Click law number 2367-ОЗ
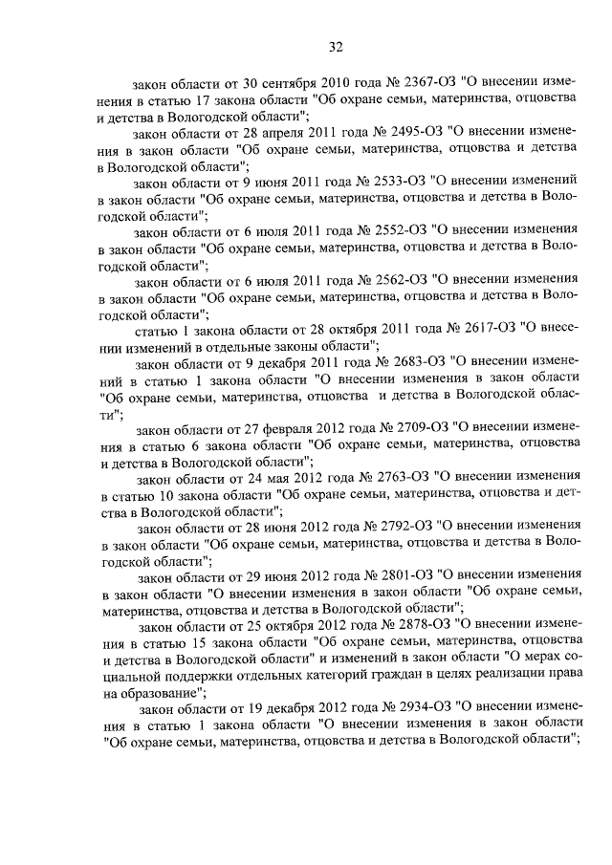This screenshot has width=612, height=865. point(414,81)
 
